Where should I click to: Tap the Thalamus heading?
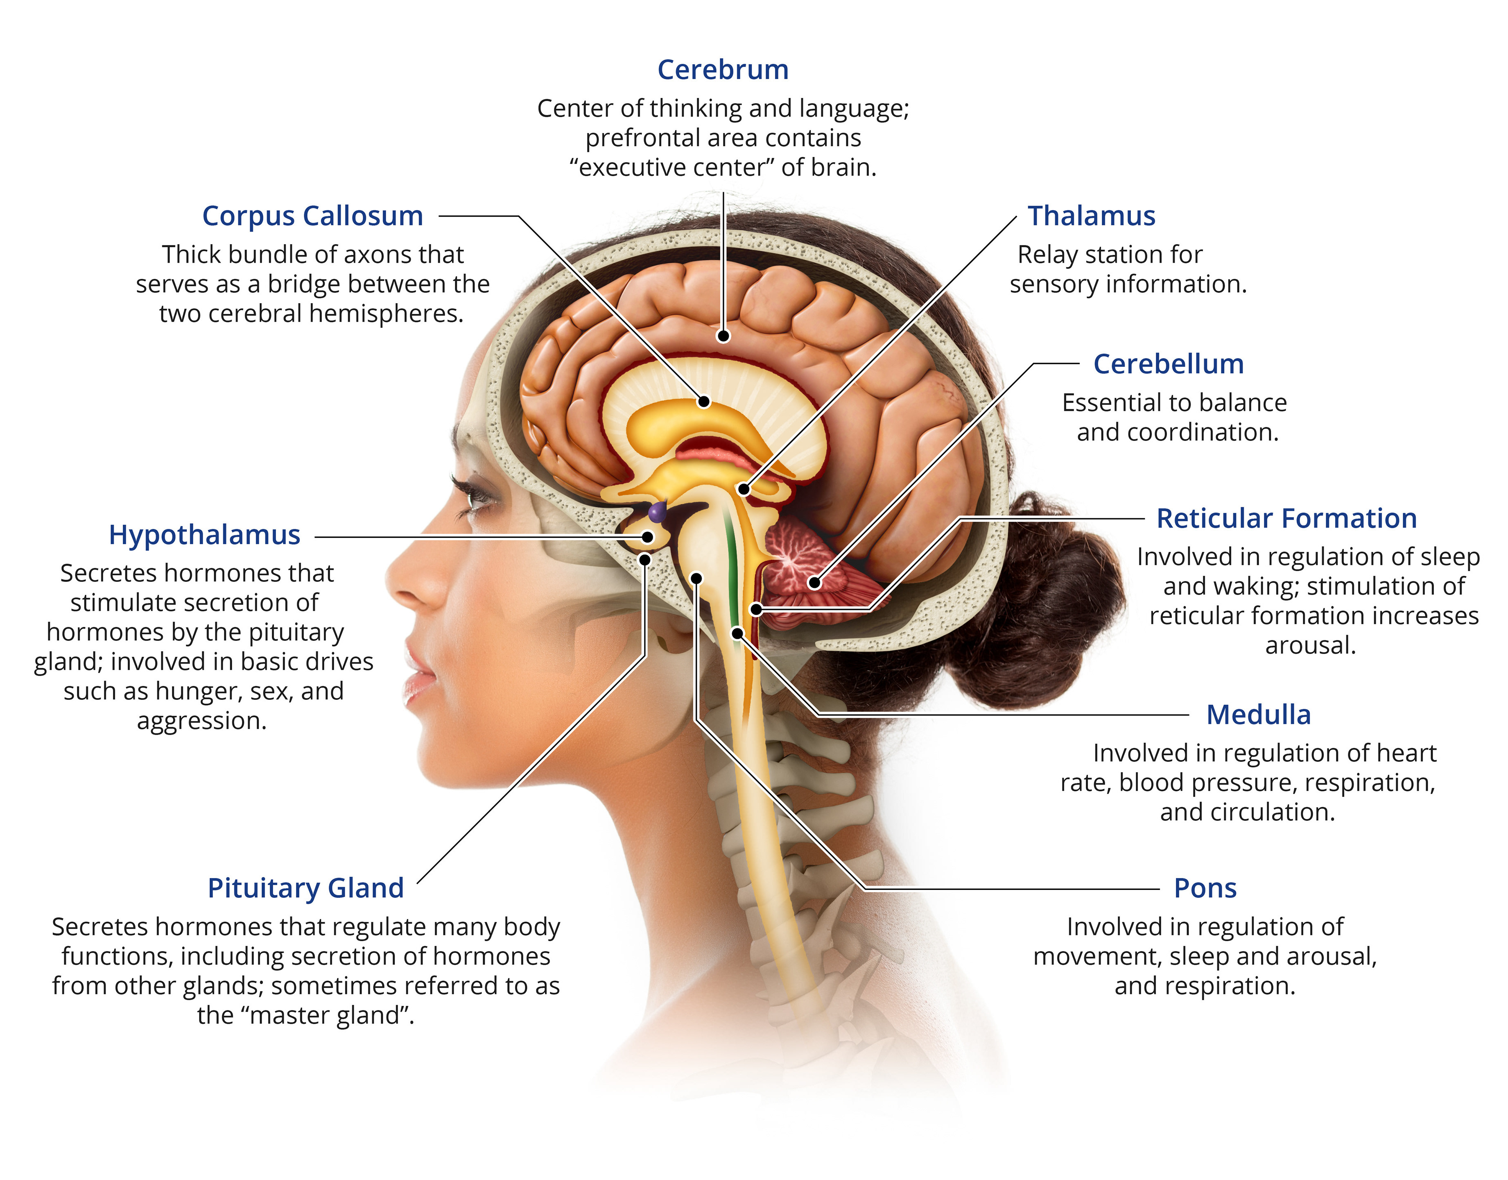[x=1091, y=216]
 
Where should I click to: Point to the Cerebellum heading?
[x=1168, y=364]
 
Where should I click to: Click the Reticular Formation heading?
[x=1286, y=518]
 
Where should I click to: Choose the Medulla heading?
[x=1258, y=715]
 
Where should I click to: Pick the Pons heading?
[x=1205, y=888]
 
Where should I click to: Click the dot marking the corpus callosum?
[x=703, y=402]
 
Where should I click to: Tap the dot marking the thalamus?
[x=744, y=489]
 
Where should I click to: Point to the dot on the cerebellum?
[x=815, y=582]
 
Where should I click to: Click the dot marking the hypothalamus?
[x=648, y=537]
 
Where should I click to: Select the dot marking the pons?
[x=696, y=578]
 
